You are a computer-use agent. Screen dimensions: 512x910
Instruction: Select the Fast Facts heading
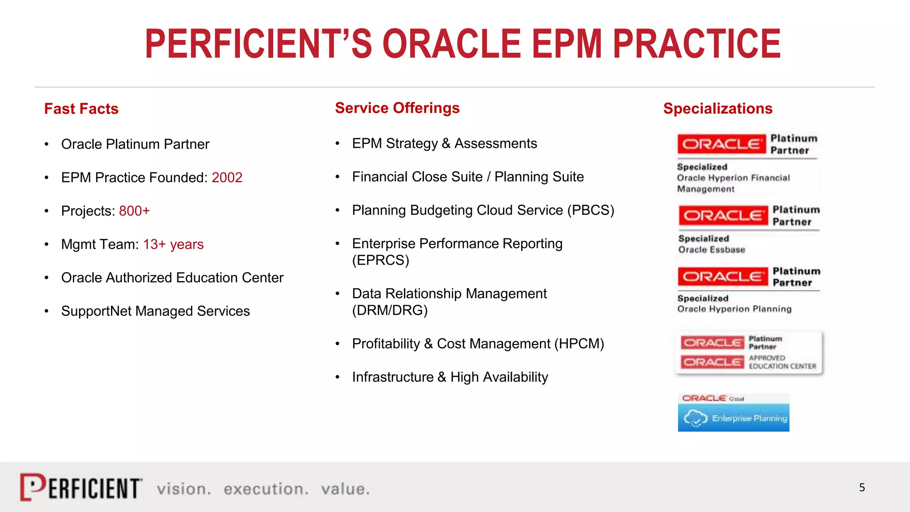[81, 109]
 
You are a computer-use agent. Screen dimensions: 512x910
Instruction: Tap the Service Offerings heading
[397, 108]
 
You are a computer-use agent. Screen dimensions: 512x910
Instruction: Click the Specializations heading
[718, 108]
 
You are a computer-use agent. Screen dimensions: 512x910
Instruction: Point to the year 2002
[227, 177]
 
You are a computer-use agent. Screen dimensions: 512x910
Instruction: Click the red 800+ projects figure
[134, 211]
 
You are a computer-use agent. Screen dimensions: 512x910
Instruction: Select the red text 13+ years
[173, 244]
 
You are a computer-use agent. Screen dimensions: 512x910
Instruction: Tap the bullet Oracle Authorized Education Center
[172, 277]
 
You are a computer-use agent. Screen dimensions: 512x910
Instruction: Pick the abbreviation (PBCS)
[591, 210]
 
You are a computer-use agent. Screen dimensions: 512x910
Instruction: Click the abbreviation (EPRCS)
[380, 260]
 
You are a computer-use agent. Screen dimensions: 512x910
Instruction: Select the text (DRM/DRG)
[390, 310]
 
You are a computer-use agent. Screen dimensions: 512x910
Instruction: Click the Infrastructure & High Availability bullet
[450, 377]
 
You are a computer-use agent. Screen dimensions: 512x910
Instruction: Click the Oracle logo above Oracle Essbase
[723, 216]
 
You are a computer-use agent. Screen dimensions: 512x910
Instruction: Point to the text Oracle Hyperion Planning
[734, 309]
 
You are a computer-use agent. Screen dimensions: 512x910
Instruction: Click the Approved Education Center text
[782, 362]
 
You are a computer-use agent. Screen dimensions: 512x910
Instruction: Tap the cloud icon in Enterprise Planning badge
[695, 418]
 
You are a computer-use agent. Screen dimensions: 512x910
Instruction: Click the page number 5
[862, 488]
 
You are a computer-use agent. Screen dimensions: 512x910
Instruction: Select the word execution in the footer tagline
[265, 489]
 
